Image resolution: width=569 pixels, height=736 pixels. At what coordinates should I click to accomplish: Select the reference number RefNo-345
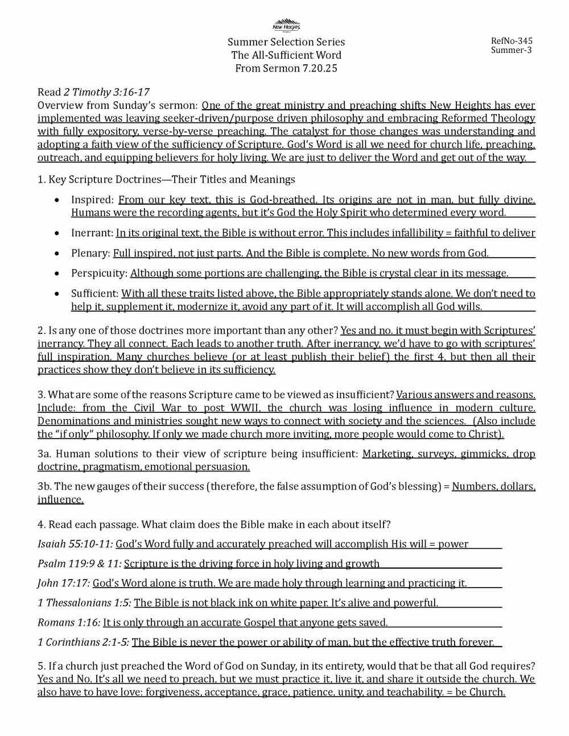512,41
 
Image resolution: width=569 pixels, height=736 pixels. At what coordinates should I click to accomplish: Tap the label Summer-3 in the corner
511,50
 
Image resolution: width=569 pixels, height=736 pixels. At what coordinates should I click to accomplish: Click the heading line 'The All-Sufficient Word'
286,55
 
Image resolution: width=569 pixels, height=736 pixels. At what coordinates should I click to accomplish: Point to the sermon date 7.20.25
318,68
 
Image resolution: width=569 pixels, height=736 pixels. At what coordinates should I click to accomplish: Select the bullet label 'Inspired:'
93,200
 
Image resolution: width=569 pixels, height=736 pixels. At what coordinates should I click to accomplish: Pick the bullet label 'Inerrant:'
92,233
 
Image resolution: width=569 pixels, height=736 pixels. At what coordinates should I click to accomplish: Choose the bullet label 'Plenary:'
90,253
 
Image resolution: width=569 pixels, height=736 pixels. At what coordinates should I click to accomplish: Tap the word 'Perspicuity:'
99,274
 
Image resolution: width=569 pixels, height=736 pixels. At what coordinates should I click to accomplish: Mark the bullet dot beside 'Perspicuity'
56,274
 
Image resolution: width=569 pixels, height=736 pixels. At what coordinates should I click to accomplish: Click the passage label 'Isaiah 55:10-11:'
75,544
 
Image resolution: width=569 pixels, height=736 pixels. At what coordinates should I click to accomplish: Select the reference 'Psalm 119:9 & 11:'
79,564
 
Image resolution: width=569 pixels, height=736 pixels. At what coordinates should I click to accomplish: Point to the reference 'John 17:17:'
64,583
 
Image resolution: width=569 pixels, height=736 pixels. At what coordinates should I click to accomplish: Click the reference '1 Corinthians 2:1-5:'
83,642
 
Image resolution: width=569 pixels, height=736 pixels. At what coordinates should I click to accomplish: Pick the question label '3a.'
44,454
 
